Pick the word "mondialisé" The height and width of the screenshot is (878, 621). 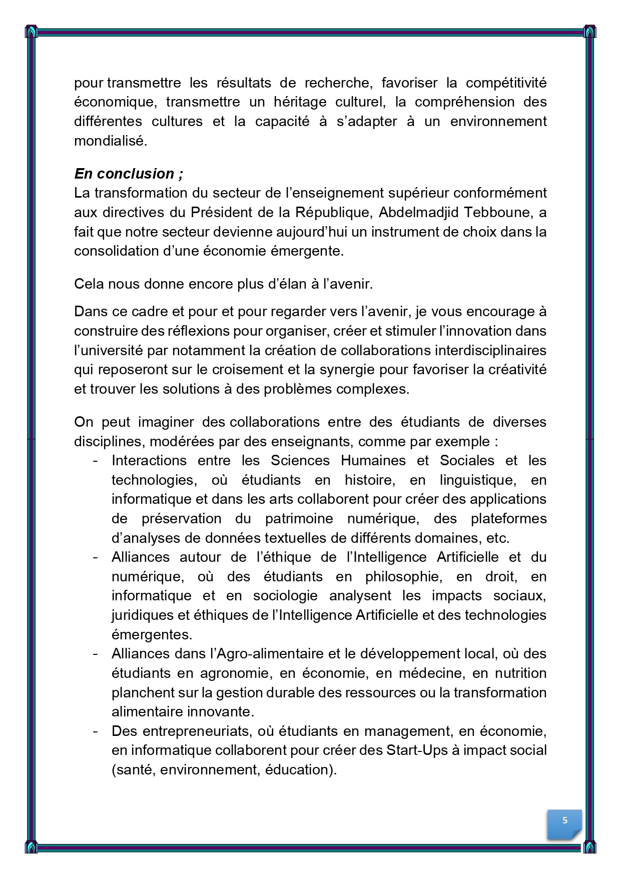(x=111, y=141)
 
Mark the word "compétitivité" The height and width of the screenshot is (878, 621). (x=506, y=83)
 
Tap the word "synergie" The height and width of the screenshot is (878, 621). (x=347, y=370)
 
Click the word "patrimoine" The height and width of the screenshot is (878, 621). (x=299, y=518)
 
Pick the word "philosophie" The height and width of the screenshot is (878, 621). (x=404, y=576)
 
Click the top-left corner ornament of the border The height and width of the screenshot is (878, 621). (x=31, y=32)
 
